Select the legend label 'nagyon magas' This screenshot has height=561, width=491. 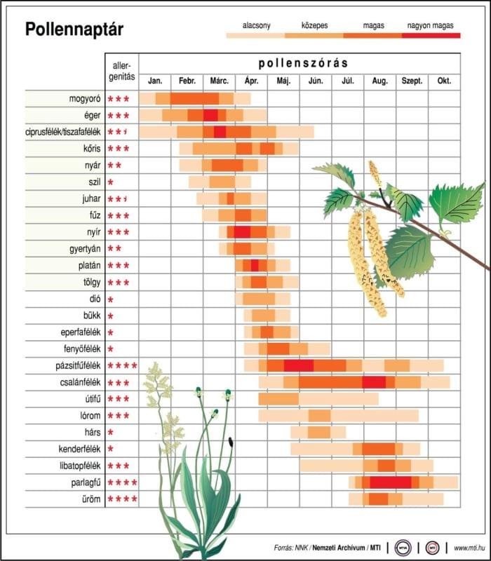click(429, 25)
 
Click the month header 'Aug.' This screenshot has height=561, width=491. click(379, 81)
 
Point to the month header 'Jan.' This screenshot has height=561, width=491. click(155, 81)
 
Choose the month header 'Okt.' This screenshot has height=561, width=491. click(444, 81)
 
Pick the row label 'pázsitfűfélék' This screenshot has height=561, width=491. click(74, 365)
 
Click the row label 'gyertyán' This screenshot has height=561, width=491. click(82, 248)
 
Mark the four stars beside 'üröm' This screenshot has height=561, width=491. click(122, 499)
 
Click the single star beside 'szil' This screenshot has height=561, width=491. click(111, 182)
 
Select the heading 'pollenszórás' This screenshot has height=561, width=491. click(303, 62)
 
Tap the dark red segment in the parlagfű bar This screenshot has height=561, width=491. click(390, 482)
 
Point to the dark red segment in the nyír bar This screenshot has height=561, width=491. click(242, 232)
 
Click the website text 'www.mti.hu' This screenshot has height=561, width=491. click(470, 547)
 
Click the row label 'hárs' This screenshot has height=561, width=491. click(93, 432)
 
